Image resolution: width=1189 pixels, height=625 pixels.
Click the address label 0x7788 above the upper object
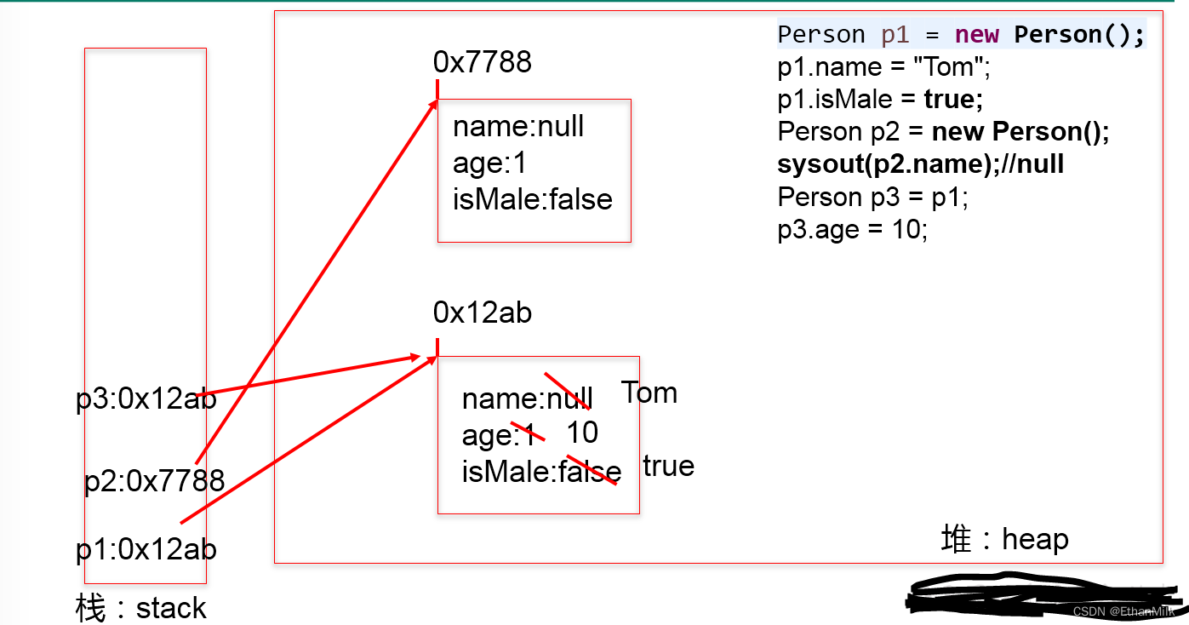tap(482, 62)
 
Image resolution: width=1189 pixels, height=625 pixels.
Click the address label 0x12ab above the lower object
tap(482, 313)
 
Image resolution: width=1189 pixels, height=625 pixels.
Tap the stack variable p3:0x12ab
tap(146, 399)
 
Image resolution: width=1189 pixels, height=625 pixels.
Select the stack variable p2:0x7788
tap(154, 482)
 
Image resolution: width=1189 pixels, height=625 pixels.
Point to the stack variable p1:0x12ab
tap(146, 550)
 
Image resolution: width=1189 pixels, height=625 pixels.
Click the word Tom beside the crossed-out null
tap(649, 393)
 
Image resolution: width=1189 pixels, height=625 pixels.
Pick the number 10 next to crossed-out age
tap(583, 433)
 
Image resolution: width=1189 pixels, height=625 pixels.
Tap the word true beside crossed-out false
tap(668, 467)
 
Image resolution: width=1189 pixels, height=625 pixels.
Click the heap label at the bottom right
tap(1004, 539)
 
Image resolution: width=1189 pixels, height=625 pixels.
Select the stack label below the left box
tap(141, 608)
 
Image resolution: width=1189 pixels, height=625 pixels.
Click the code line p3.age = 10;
tap(852, 230)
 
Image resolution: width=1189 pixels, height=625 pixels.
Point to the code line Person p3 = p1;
tap(872, 198)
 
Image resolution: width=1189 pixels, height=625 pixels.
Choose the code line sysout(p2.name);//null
tap(920, 164)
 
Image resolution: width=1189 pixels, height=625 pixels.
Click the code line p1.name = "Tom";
tap(883, 67)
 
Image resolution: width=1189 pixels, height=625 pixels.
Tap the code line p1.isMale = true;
tap(880, 100)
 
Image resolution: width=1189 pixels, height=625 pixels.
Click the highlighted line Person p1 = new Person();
tap(961, 35)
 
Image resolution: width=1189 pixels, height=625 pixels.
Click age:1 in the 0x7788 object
tap(489, 163)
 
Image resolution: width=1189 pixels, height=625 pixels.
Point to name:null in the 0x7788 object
tap(517, 127)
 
